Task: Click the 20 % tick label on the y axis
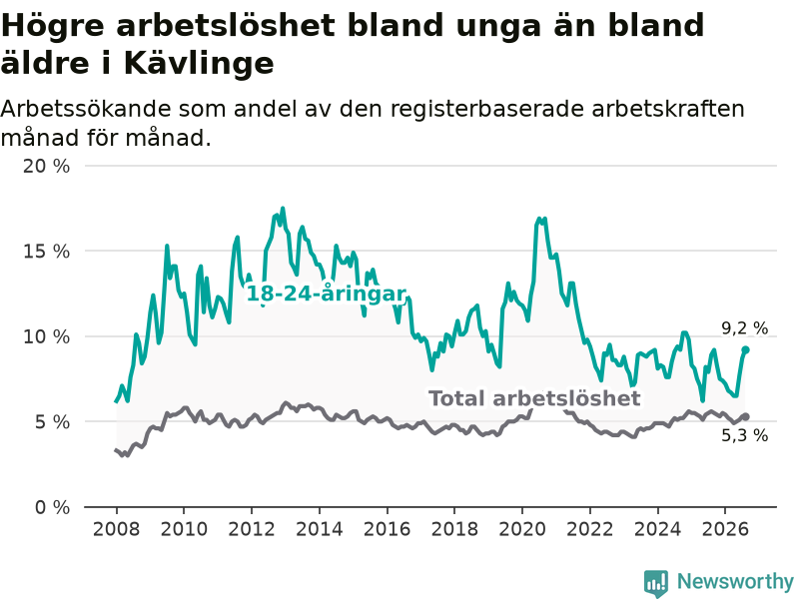pyautogui.click(x=46, y=166)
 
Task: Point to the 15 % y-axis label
pyautogui.click(x=46, y=252)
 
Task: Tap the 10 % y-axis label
pyautogui.click(x=46, y=336)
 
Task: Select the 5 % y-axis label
pyautogui.click(x=52, y=422)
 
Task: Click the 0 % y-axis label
pyautogui.click(x=52, y=507)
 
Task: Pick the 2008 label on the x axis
pyautogui.click(x=116, y=529)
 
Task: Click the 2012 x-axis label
pyautogui.click(x=252, y=529)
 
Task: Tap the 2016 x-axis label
pyautogui.click(x=388, y=529)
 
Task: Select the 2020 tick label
pyautogui.click(x=522, y=529)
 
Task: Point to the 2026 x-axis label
pyautogui.click(x=725, y=529)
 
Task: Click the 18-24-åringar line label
pyautogui.click(x=327, y=294)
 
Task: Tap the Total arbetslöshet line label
pyautogui.click(x=534, y=398)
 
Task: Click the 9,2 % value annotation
pyautogui.click(x=744, y=328)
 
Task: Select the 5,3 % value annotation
pyautogui.click(x=744, y=435)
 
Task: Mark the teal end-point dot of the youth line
pyautogui.click(x=745, y=350)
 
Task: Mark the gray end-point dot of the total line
pyautogui.click(x=745, y=416)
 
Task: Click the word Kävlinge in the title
pyautogui.click(x=199, y=64)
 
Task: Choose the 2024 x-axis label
pyautogui.click(x=657, y=529)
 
